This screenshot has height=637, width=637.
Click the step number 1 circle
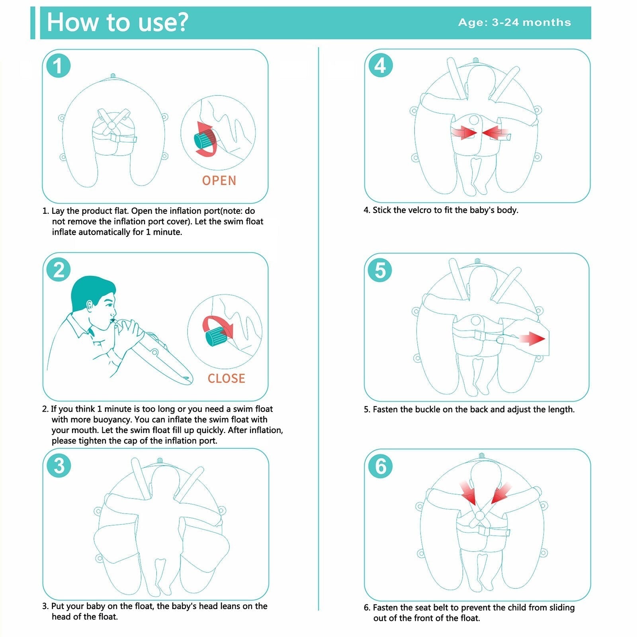[x=58, y=66]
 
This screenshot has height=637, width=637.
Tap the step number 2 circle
[x=59, y=270]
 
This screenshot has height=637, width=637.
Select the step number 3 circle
[x=59, y=465]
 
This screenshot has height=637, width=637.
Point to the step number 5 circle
[x=380, y=270]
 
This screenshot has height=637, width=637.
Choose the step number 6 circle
[x=380, y=466]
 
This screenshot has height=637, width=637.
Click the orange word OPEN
[x=219, y=180]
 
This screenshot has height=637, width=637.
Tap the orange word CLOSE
[x=226, y=378]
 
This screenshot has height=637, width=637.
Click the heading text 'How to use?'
[x=117, y=22]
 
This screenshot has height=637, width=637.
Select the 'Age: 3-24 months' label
[x=514, y=22]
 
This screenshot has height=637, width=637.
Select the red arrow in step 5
[x=531, y=339]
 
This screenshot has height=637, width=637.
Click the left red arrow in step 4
[x=463, y=132]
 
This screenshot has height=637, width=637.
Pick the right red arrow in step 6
[x=500, y=493]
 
